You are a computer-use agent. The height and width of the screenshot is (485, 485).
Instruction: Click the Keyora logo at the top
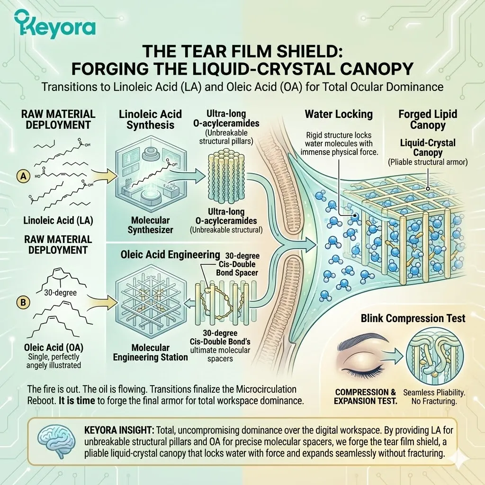pos(54,24)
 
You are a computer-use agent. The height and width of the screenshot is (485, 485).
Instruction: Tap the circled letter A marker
pos(24,176)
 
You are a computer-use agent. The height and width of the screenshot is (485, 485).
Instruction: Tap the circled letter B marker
pos(23,302)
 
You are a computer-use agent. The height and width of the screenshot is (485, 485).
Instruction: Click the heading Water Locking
pos(339,114)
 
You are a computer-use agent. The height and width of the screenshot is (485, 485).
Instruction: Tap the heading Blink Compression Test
pos(413,318)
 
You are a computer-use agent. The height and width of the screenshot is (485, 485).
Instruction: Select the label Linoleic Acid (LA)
pos(58,221)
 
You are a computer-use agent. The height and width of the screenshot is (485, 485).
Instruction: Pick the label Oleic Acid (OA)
pos(54,347)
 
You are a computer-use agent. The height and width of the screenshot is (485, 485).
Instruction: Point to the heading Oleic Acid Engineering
pos(170,254)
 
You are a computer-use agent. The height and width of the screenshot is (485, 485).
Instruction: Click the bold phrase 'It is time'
pos(77,401)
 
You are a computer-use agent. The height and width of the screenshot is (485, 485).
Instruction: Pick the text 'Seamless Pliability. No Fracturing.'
pos(434,397)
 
